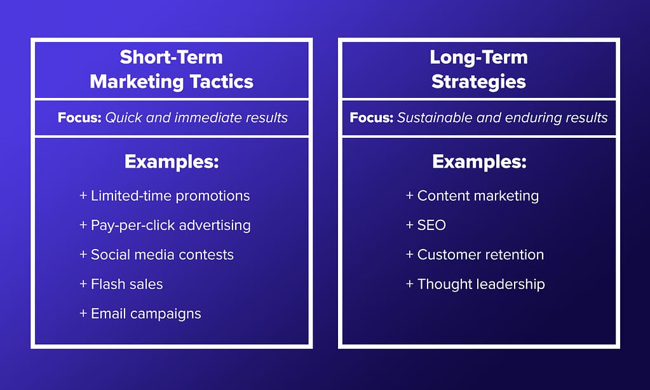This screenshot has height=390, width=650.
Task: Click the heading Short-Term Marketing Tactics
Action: pos(171,69)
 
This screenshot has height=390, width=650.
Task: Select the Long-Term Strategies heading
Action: pos(479,69)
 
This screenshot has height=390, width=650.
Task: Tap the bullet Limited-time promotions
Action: pos(165,196)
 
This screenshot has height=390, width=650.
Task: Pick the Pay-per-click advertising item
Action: pos(165,225)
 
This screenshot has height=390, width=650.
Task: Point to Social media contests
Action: pos(156,255)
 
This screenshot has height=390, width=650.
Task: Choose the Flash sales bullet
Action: pos(121,284)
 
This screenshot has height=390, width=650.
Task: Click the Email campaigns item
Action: pos(140,314)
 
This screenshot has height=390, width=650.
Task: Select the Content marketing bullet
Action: pos(472,196)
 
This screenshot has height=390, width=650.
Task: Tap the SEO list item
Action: pos(426,225)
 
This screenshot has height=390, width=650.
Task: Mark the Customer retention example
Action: pos(475,255)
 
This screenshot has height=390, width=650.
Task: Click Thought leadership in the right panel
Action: pos(475,284)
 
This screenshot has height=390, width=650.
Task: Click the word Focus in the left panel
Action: pos(79,118)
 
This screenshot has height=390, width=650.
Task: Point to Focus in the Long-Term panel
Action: pos(372,118)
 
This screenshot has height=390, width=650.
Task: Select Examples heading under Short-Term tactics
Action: pos(172,161)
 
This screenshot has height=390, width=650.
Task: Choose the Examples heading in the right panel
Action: pos(479,161)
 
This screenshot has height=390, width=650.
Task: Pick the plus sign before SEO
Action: pos(410,225)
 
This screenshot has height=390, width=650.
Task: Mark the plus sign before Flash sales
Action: pos(83,284)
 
